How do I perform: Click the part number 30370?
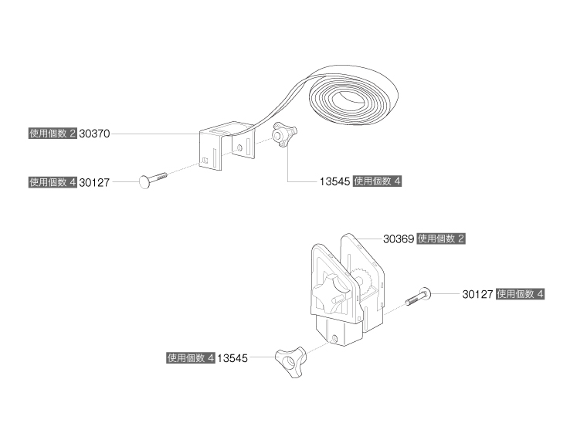point(95,134)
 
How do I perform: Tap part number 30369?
point(399,239)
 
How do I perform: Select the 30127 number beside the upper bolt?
point(94,183)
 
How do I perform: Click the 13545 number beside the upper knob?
point(335,182)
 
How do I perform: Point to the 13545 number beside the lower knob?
point(232,358)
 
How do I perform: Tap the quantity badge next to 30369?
point(441,239)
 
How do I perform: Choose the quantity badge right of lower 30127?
point(521,294)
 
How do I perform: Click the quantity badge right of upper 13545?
point(378,182)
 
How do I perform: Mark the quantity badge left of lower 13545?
point(190,358)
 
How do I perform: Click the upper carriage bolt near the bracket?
point(154,179)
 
